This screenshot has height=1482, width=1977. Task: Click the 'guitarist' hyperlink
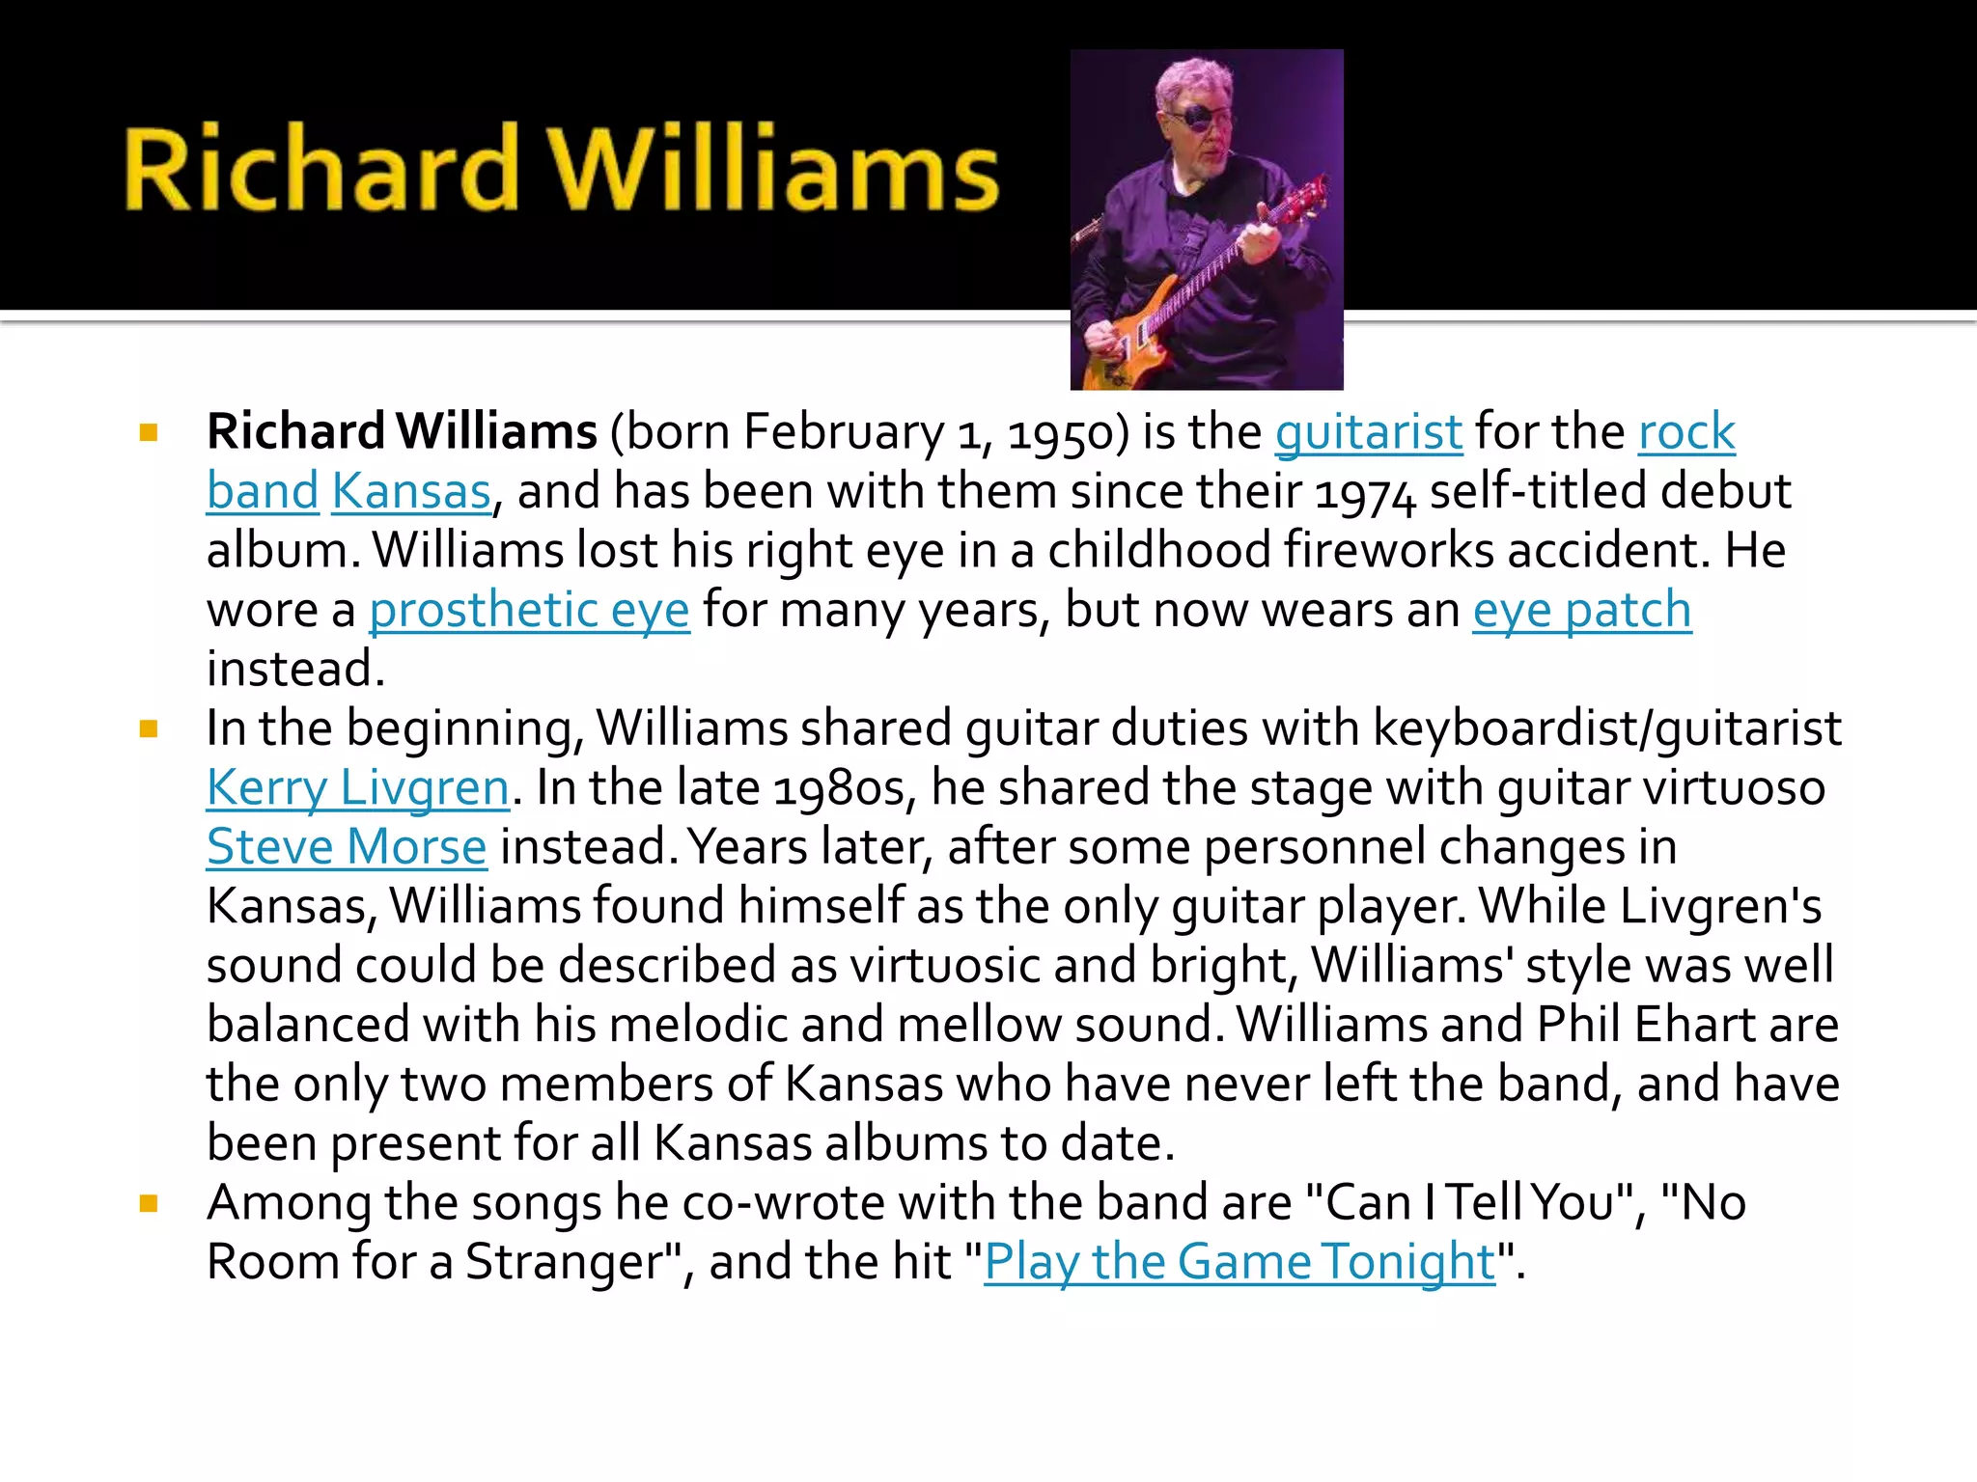click(1368, 431)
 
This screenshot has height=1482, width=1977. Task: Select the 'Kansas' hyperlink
click(411, 491)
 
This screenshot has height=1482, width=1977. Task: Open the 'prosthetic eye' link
click(529, 610)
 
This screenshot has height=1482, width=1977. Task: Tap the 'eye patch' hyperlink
click(1581, 610)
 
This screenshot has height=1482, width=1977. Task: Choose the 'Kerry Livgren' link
click(357, 787)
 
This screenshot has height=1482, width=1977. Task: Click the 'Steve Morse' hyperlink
click(347, 847)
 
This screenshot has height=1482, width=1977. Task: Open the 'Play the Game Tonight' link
click(1239, 1262)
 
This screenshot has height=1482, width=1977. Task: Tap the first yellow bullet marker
click(149, 432)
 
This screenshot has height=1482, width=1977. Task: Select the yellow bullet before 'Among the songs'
click(149, 1203)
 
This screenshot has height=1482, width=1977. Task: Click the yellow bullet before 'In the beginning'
click(149, 728)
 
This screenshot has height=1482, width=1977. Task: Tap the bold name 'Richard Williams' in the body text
click(402, 431)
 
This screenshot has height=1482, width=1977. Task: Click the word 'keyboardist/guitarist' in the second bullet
click(1606, 728)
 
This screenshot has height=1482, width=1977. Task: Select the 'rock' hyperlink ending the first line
click(1686, 431)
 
